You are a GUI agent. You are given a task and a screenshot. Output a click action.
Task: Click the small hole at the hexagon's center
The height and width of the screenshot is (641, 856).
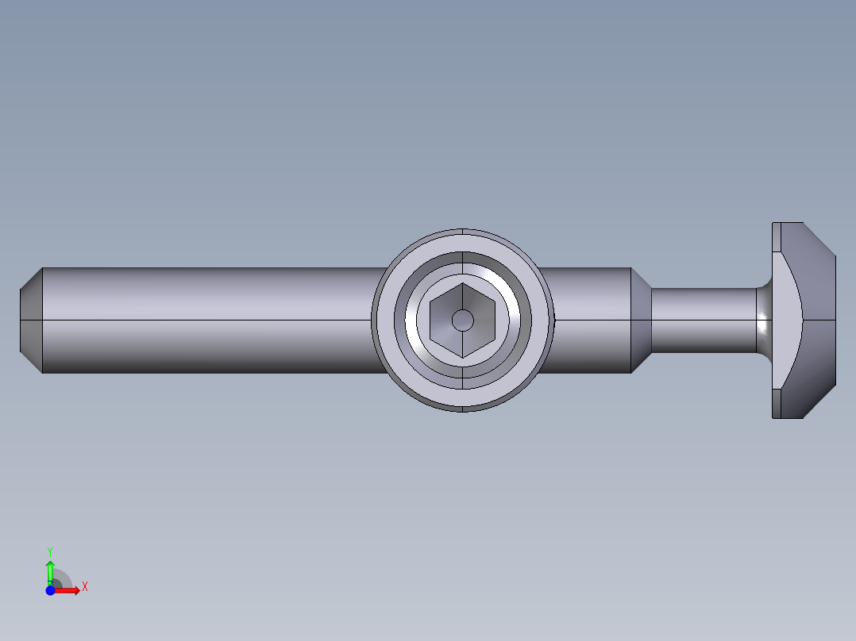coord(462,320)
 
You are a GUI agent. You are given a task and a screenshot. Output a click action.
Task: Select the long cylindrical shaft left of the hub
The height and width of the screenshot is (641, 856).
coord(206,320)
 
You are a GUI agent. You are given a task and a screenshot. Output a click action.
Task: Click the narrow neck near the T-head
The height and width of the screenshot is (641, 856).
coord(703,320)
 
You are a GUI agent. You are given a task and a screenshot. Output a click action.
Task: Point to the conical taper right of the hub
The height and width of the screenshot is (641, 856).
coord(641,320)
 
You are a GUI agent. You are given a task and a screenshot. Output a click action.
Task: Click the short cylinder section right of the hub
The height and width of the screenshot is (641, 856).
coord(588,320)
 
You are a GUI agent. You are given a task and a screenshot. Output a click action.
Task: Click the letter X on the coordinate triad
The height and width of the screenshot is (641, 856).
coord(84,587)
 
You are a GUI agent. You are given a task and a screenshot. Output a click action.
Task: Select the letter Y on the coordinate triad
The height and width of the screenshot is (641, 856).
coord(50,551)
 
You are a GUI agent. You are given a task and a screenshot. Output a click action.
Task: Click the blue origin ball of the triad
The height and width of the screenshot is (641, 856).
coord(50,590)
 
